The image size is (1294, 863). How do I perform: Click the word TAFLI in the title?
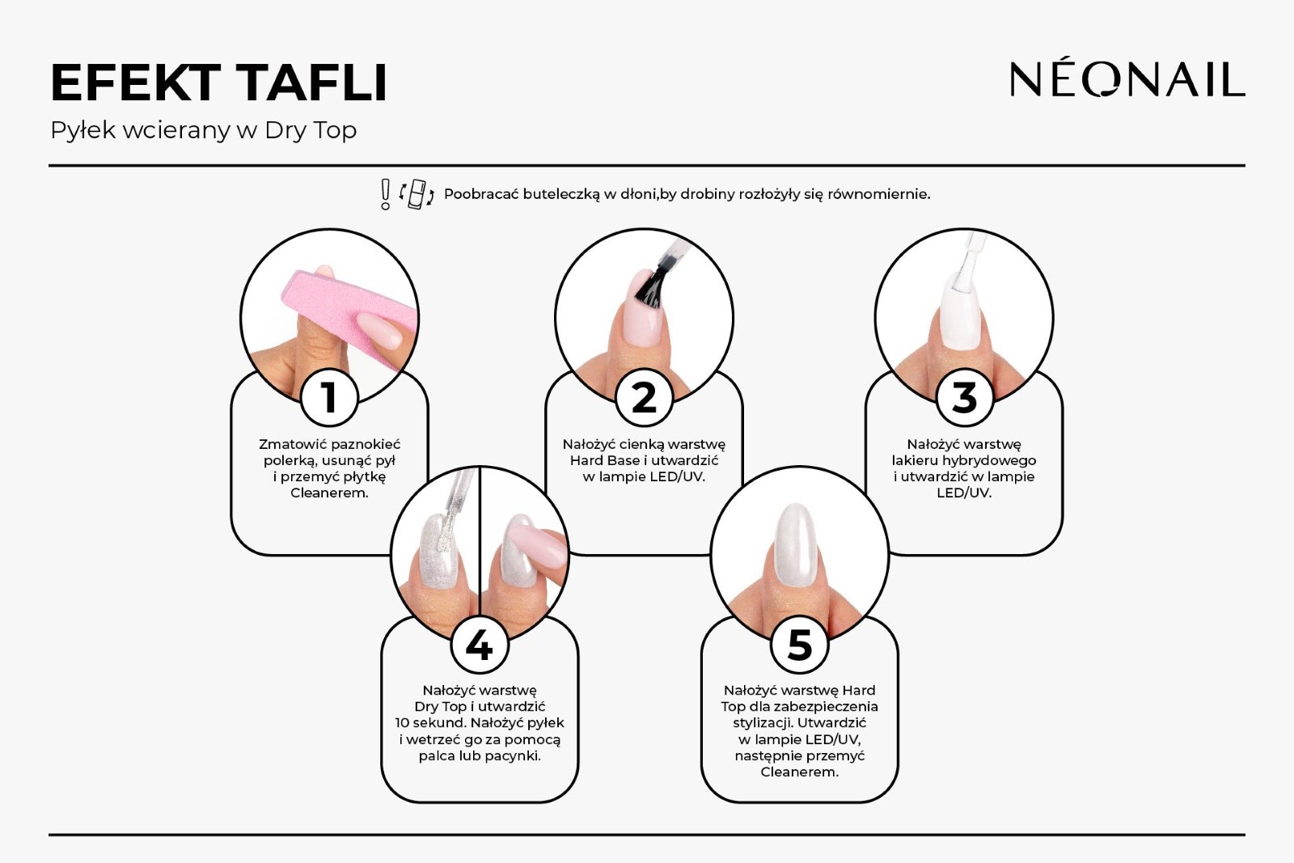[311, 83]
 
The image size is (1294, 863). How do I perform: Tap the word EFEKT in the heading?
[136, 83]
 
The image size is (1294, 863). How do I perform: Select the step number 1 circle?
[329, 397]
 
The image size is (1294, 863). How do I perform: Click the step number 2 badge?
[644, 397]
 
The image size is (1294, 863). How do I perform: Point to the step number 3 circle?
[964, 397]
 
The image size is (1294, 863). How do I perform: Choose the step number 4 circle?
[480, 645]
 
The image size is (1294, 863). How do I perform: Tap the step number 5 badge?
[800, 645]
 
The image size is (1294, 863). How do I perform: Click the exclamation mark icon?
[385, 194]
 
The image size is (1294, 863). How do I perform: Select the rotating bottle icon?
[417, 194]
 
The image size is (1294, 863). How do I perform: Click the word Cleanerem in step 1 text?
[329, 493]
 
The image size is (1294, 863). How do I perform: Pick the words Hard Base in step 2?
[606, 460]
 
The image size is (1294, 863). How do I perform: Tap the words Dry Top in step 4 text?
[440, 706]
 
